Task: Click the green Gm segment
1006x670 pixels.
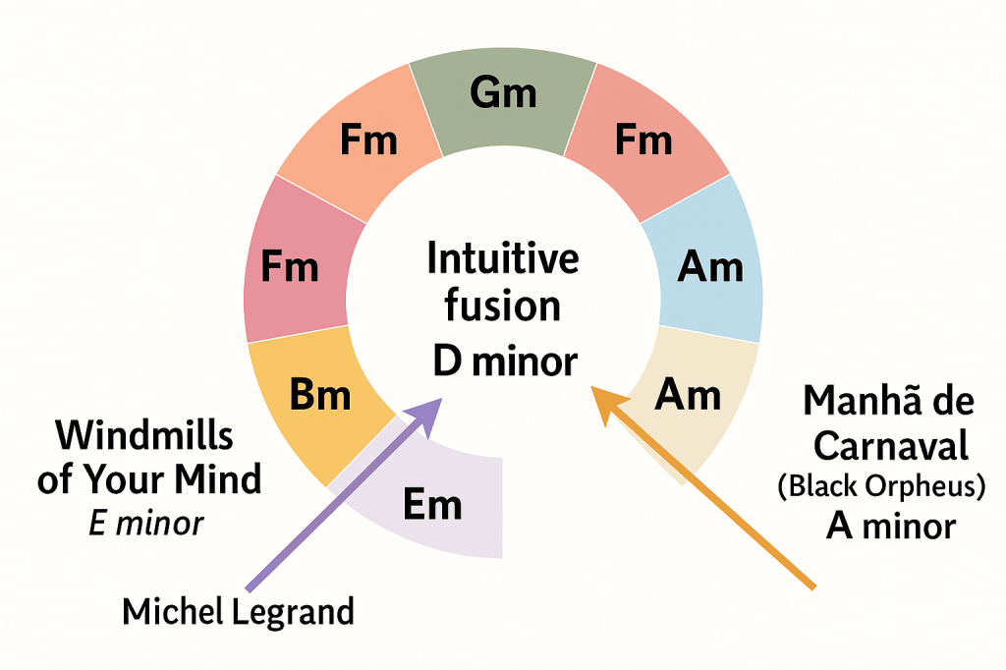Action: pos(503,98)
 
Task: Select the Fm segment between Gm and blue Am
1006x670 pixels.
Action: pos(644,142)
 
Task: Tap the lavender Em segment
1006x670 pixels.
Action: pos(432,504)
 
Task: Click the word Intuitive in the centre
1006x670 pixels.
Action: pos(503,259)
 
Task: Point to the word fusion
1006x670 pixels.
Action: pos(503,306)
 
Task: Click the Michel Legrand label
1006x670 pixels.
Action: pos(238,611)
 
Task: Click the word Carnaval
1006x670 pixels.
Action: pos(891,446)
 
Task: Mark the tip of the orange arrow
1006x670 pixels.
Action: pos(594,388)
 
